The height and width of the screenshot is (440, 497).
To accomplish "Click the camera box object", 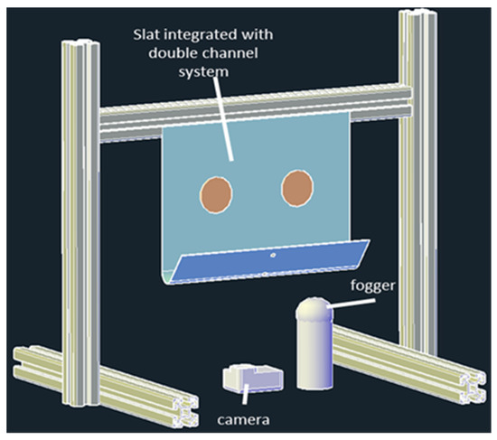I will [x=250, y=379].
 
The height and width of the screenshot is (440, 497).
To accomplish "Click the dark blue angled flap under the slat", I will [x=271, y=264].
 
